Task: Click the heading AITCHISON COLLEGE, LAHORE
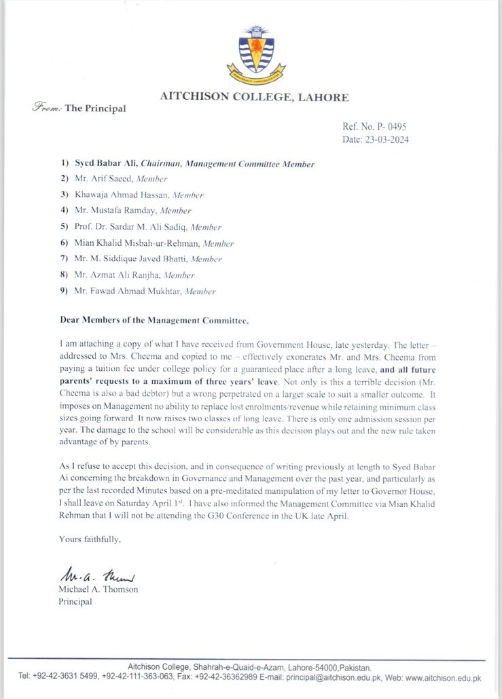pyautogui.click(x=254, y=97)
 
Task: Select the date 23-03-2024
pyautogui.click(x=385, y=140)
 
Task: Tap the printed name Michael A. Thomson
pyautogui.click(x=98, y=589)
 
